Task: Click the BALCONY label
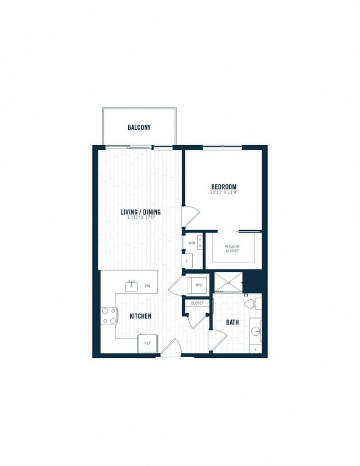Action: click(139, 128)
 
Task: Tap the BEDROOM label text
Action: click(224, 187)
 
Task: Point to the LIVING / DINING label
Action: click(141, 211)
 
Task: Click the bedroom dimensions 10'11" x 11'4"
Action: click(224, 193)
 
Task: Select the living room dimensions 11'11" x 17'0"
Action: click(141, 218)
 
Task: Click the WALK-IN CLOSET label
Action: click(231, 248)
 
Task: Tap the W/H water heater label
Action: click(192, 243)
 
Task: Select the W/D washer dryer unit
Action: click(197, 285)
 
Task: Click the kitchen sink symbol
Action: click(131, 285)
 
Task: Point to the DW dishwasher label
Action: click(147, 286)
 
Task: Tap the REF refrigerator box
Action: click(148, 343)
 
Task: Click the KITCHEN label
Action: click(140, 316)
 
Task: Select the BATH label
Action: click(232, 322)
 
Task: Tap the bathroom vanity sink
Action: click(256, 331)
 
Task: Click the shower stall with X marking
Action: click(228, 283)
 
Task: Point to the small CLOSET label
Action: click(197, 303)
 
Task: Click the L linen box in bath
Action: click(256, 349)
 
